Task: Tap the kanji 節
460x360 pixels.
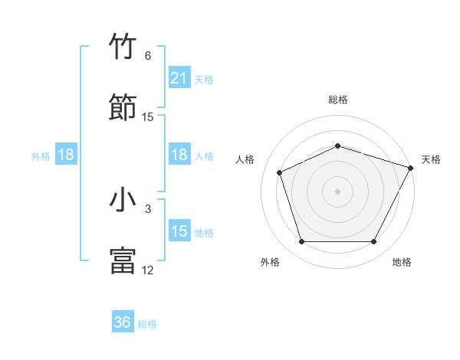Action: [x=123, y=108]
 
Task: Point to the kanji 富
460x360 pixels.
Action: [x=123, y=260]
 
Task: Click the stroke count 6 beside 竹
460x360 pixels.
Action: [x=148, y=56]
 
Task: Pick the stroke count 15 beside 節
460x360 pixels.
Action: [x=148, y=116]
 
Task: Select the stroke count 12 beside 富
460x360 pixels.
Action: [x=148, y=270]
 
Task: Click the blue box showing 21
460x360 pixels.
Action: [x=179, y=78]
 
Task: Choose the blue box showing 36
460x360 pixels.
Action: [x=123, y=323]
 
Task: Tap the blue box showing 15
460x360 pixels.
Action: [x=179, y=231]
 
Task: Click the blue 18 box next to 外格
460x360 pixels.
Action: [x=66, y=155]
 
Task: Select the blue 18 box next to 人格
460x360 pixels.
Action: [x=179, y=155]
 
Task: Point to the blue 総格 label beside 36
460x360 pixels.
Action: [x=147, y=324]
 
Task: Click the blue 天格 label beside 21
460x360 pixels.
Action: [x=204, y=79]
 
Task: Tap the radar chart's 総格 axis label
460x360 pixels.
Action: [x=337, y=100]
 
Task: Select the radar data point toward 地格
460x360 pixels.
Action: [x=373, y=241]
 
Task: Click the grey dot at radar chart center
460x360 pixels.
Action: [x=337, y=191]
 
